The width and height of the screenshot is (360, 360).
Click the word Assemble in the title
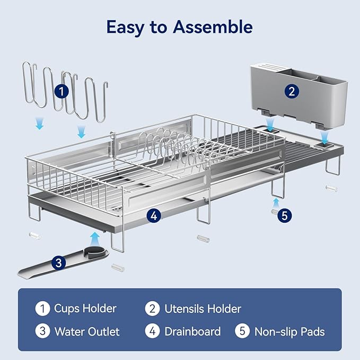coord(213,27)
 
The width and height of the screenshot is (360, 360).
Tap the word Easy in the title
coord(126,28)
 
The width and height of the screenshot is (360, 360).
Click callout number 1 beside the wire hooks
coord(62,91)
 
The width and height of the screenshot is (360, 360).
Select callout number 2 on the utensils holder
coord(292,91)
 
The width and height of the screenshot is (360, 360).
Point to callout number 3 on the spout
coord(59,262)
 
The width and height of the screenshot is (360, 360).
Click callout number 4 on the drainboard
coord(154,216)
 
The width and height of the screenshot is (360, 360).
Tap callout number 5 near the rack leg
coord(285,216)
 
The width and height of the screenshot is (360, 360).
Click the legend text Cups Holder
coord(85,309)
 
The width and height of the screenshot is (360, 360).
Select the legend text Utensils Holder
coord(203,309)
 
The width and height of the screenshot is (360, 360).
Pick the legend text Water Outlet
coord(87,331)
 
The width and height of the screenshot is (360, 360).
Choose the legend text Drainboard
coord(192,331)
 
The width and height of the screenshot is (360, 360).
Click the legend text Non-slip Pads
coord(289,332)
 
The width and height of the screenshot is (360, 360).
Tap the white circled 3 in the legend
coord(43,331)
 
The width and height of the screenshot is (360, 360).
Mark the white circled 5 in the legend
coord(242,331)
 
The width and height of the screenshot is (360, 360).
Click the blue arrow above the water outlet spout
coord(94,240)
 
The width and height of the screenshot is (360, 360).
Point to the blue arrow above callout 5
coord(276,203)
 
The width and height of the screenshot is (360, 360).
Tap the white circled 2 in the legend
coord(153,309)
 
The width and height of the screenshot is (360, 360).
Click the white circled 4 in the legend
coord(153,331)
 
